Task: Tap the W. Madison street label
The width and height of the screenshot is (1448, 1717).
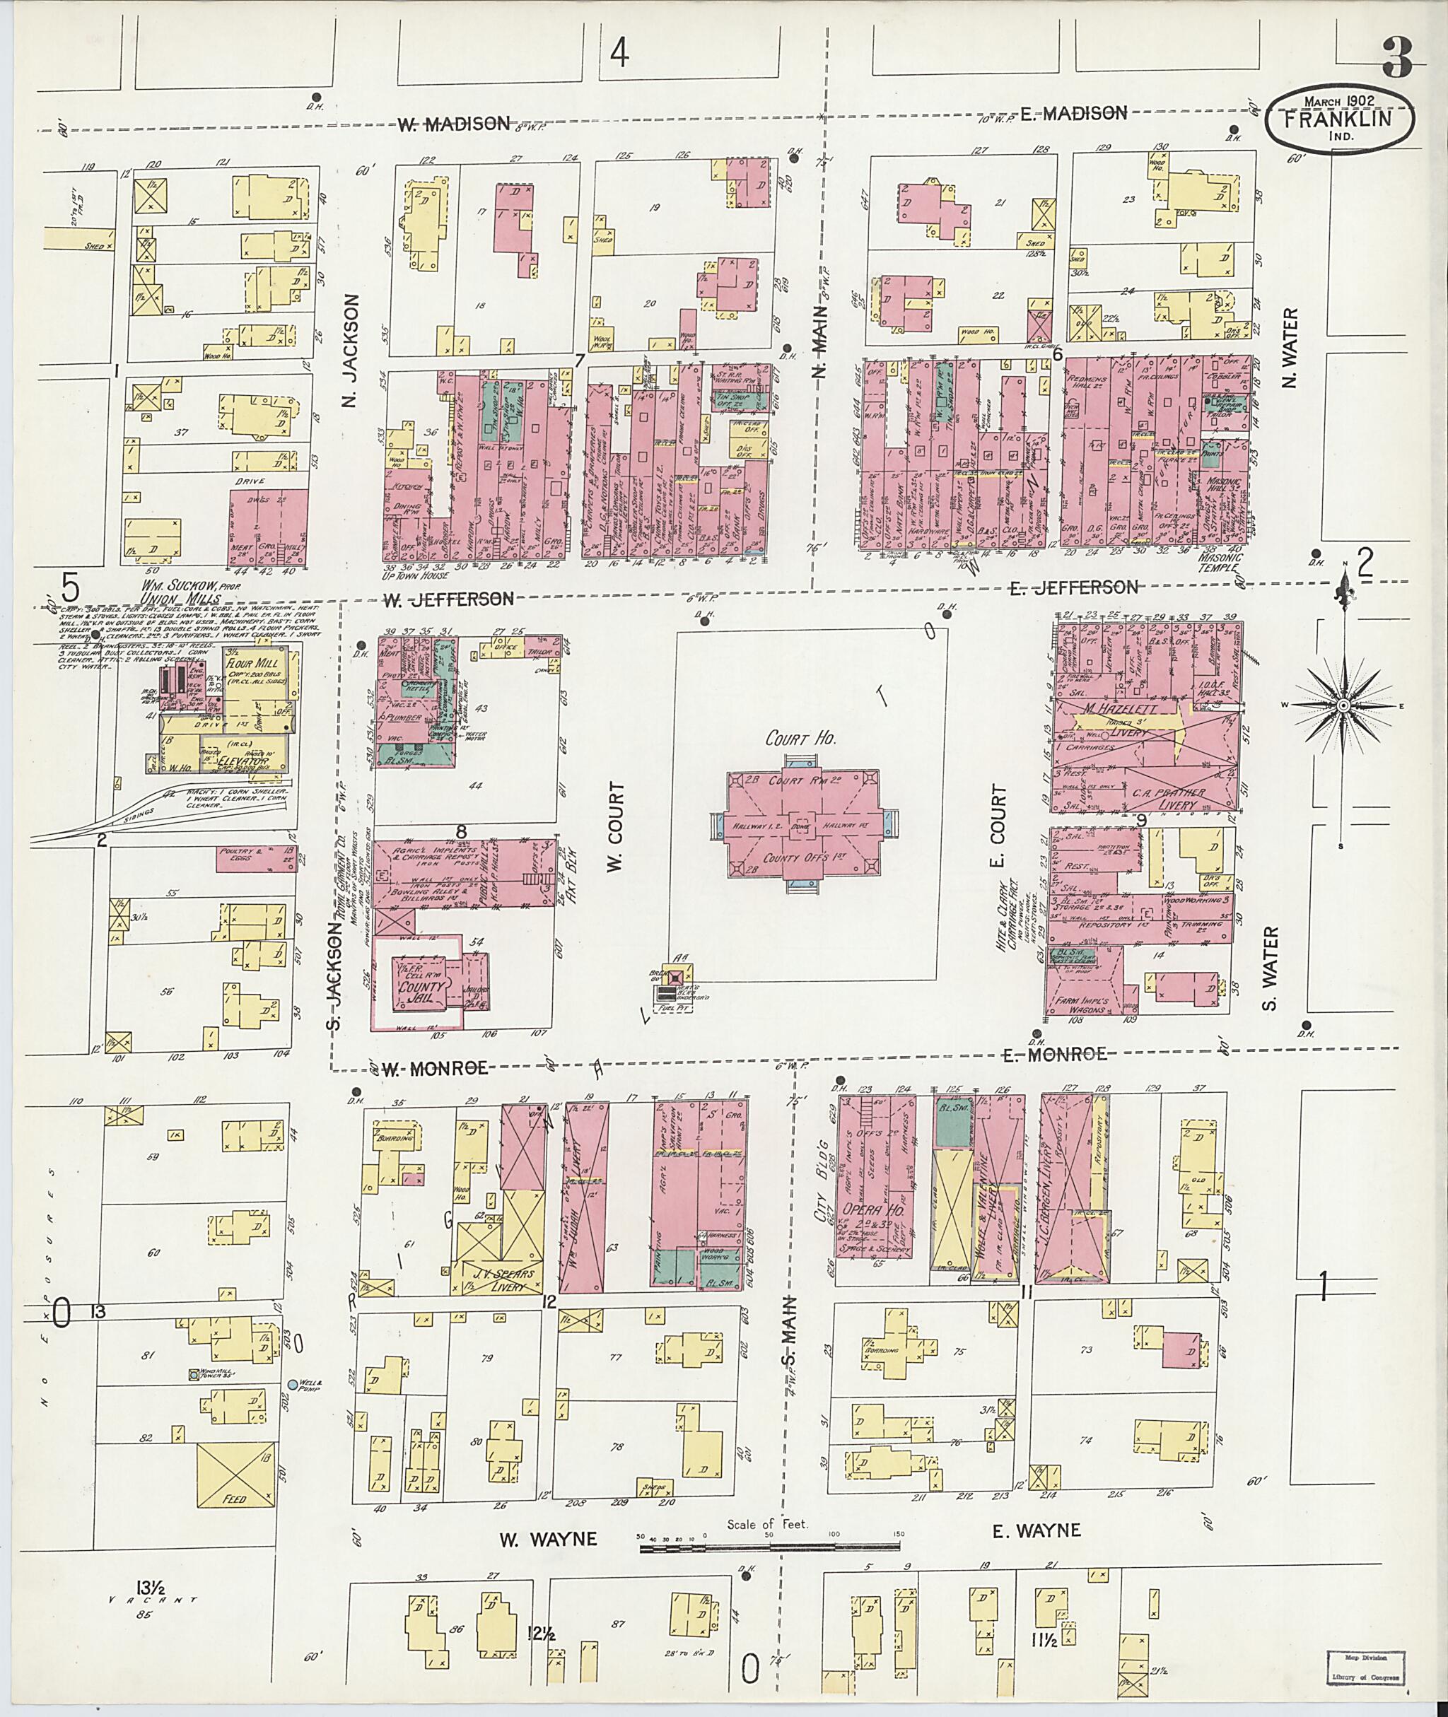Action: tap(454, 124)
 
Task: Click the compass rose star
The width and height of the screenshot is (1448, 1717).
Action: tap(1344, 706)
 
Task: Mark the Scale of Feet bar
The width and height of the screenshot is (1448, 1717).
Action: tap(772, 1548)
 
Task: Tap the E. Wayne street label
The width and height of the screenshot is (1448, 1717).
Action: tap(1036, 1530)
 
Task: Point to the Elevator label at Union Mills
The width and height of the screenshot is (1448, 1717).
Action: tap(250, 761)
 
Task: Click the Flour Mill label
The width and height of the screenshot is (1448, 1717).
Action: tap(257, 663)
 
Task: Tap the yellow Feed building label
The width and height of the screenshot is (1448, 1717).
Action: tap(235, 1499)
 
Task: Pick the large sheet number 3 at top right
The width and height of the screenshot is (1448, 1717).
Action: tap(1396, 57)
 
